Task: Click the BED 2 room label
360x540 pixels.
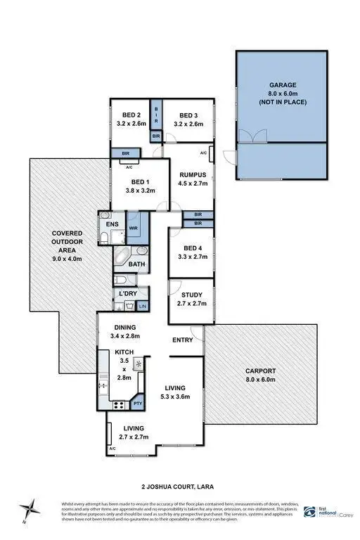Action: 129,115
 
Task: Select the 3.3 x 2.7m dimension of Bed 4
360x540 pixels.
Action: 191,258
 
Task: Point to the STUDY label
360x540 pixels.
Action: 191,295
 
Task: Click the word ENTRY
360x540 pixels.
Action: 183,340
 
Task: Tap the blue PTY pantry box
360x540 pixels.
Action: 138,404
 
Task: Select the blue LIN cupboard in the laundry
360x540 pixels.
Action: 142,306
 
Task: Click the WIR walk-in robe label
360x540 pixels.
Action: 134,229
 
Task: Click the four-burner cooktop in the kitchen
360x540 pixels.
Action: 118,404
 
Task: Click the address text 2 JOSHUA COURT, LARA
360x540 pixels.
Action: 179,485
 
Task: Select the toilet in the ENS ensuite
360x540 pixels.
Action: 105,238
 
